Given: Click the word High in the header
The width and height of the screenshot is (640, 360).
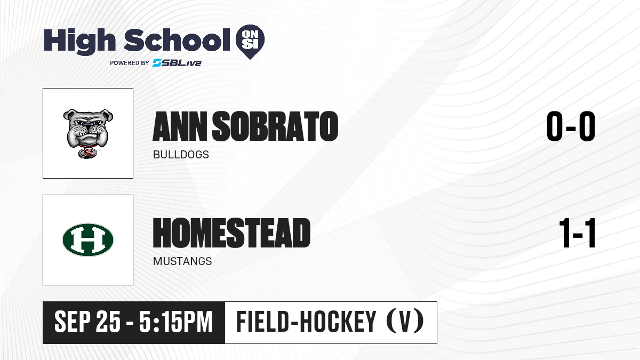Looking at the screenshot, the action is [79, 41].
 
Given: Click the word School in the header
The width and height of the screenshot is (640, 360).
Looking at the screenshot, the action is [177, 40].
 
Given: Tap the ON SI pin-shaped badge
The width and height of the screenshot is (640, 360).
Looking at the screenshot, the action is [250, 42].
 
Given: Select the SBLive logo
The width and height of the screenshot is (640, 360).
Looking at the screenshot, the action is [177, 63].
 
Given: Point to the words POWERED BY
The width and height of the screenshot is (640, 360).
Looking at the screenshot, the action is [130, 63].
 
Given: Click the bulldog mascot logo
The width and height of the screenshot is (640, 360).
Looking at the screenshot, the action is [88, 133].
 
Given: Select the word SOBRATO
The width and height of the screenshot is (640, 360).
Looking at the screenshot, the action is [275, 126].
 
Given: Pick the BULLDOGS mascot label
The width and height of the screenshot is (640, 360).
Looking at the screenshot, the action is [181, 155].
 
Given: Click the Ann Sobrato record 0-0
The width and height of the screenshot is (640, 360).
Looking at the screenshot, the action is [571, 126].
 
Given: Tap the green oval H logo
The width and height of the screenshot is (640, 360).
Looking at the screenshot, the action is [88, 239].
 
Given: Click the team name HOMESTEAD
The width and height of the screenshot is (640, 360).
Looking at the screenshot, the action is [231, 233].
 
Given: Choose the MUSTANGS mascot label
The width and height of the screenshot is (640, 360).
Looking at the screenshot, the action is [182, 261].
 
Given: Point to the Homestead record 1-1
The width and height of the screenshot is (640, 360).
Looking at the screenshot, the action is [577, 233].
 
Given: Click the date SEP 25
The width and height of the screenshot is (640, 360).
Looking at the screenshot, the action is [87, 322].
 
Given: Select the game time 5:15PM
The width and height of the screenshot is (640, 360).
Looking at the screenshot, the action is [175, 322].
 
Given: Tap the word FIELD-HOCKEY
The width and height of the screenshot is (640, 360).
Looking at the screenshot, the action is [306, 322].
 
